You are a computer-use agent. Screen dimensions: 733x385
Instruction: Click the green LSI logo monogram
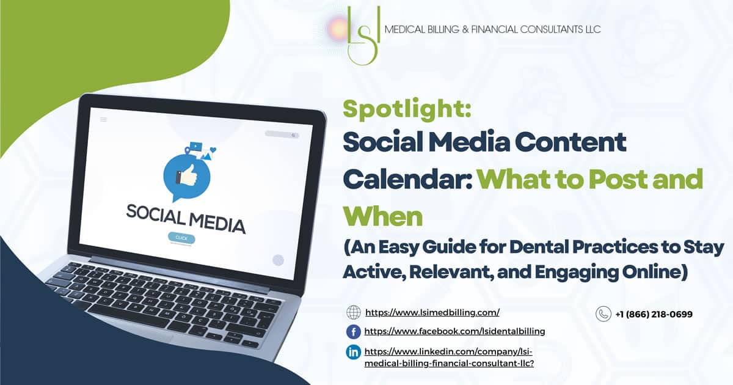pos(363,35)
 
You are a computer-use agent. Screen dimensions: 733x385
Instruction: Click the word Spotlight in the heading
pos(407,109)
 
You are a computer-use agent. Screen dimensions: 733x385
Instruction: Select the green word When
pos(382,216)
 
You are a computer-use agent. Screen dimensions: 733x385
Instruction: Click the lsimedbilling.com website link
pos(432,312)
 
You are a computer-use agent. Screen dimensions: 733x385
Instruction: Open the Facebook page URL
pos(454,331)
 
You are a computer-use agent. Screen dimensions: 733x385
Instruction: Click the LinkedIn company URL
pos(449,357)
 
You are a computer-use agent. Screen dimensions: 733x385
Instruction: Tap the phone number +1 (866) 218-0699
pos(654,314)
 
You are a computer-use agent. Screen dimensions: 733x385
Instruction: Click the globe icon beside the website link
pos(354,312)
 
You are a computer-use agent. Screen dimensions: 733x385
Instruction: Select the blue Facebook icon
pos(354,332)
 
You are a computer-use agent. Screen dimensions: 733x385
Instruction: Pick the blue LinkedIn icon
pos(354,352)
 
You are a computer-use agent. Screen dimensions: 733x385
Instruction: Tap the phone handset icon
pos(604,314)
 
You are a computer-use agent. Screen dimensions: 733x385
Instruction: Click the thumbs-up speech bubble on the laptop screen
pos(187,177)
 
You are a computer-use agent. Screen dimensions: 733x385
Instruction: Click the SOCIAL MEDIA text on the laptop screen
pos(186,219)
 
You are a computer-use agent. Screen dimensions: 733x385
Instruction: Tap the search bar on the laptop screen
pos(282,134)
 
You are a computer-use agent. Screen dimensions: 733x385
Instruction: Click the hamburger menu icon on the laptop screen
pos(103,120)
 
